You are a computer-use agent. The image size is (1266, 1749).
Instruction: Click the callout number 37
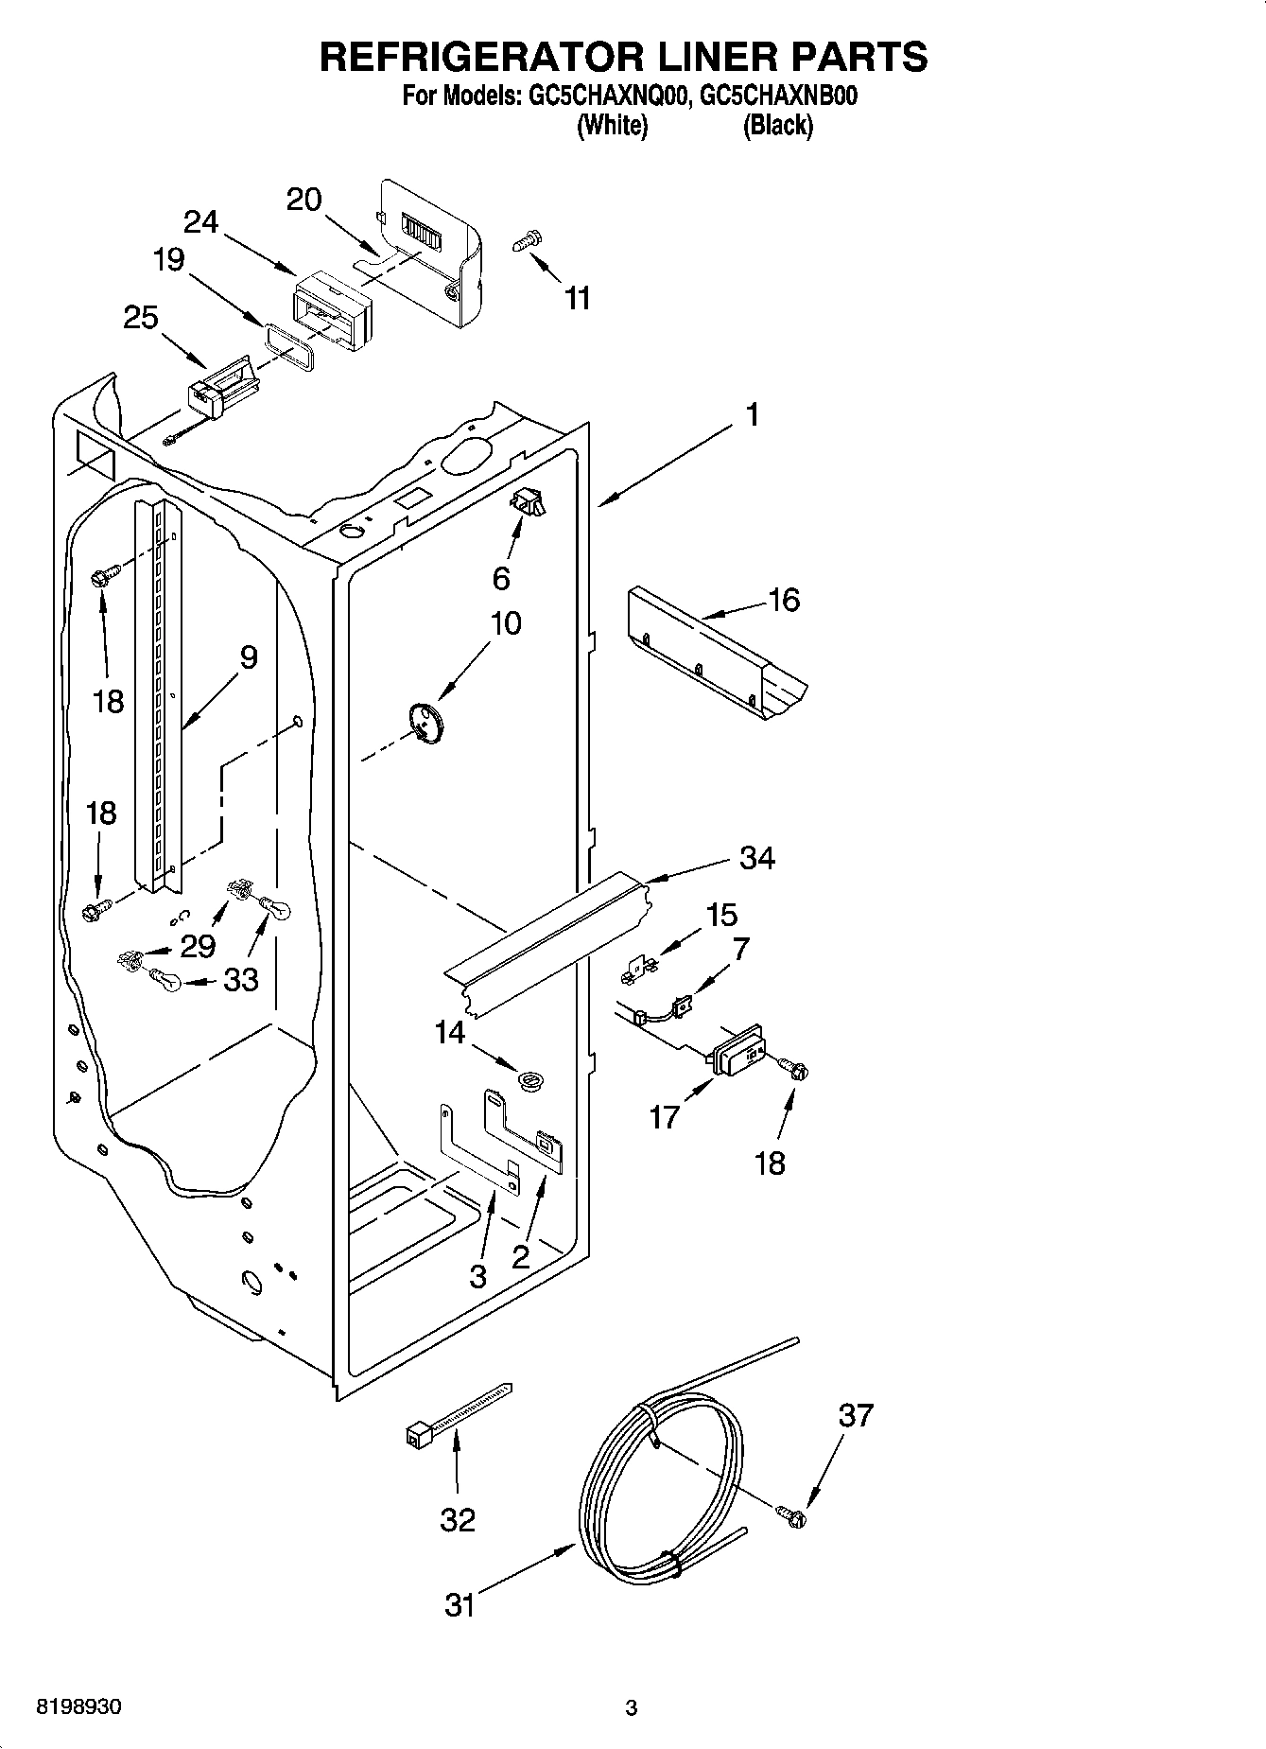(856, 1415)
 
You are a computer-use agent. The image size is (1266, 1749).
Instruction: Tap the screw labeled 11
(525, 242)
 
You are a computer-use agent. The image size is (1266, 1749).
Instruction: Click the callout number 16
(785, 600)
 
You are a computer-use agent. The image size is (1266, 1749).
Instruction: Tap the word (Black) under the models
(777, 125)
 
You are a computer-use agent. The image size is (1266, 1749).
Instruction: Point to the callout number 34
(757, 858)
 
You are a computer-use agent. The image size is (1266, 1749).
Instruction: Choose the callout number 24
(200, 222)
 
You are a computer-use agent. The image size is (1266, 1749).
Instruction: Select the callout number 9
(248, 657)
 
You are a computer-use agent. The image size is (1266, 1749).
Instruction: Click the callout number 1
(752, 414)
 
